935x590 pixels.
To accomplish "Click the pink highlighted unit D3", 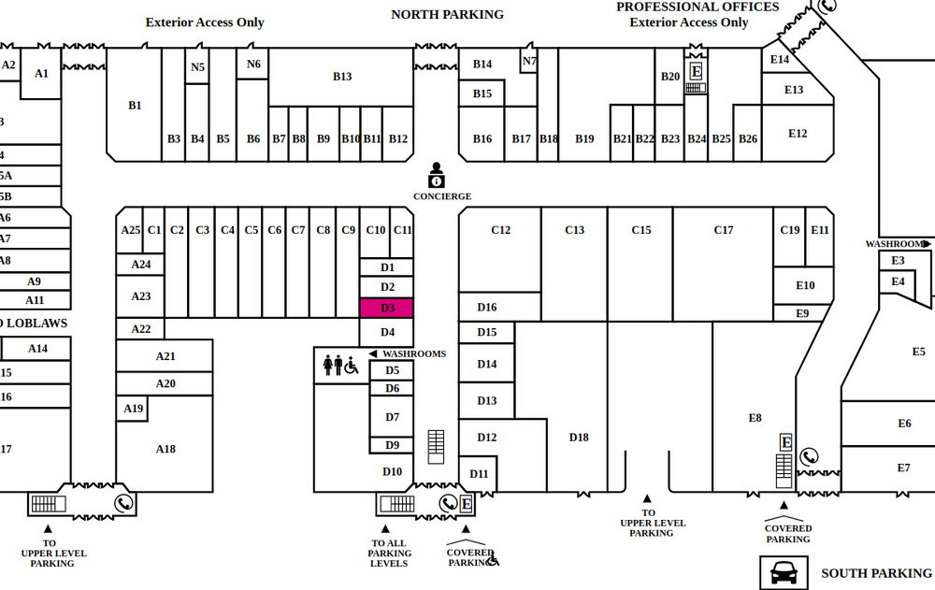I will coord(386,308).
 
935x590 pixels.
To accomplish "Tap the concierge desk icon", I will coord(437,175).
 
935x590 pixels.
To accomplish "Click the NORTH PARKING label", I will coord(447,14).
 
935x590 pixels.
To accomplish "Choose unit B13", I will coord(342,77).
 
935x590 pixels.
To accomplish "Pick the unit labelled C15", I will coord(640,230).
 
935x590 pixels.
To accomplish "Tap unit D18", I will coord(579,437).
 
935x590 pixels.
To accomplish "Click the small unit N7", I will coord(529,62).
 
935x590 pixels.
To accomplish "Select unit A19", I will coord(133,409).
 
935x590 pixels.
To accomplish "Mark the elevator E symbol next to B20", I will coord(696,71).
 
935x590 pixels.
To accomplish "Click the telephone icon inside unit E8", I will coord(810,457).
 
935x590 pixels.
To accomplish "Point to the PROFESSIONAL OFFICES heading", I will coord(697,7).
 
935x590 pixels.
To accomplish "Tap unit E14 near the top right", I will coord(780,60).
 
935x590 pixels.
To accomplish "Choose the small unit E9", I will coord(802,313).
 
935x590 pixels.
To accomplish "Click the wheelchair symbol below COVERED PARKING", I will coord(493,560).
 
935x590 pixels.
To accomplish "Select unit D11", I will coord(479,474).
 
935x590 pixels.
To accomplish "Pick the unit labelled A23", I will coord(140,296).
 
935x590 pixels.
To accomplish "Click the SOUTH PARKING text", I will coord(876,573).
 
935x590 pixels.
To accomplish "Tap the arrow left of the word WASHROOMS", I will coord(373,354).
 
